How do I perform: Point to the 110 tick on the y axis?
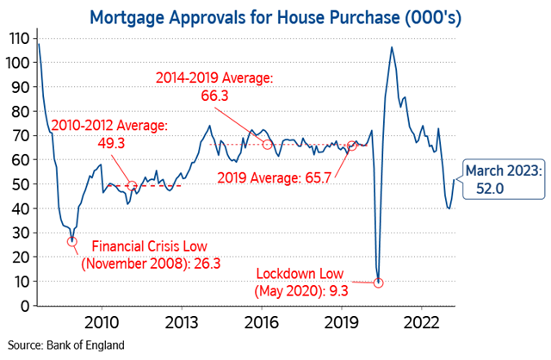click(x=16, y=38)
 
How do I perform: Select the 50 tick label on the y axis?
click(x=16, y=184)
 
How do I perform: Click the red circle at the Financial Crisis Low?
click(x=71, y=241)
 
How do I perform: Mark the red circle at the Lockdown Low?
click(x=378, y=282)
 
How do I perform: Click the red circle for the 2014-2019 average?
click(x=267, y=144)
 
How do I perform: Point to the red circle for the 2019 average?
click(x=351, y=146)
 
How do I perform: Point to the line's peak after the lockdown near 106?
click(x=393, y=47)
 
